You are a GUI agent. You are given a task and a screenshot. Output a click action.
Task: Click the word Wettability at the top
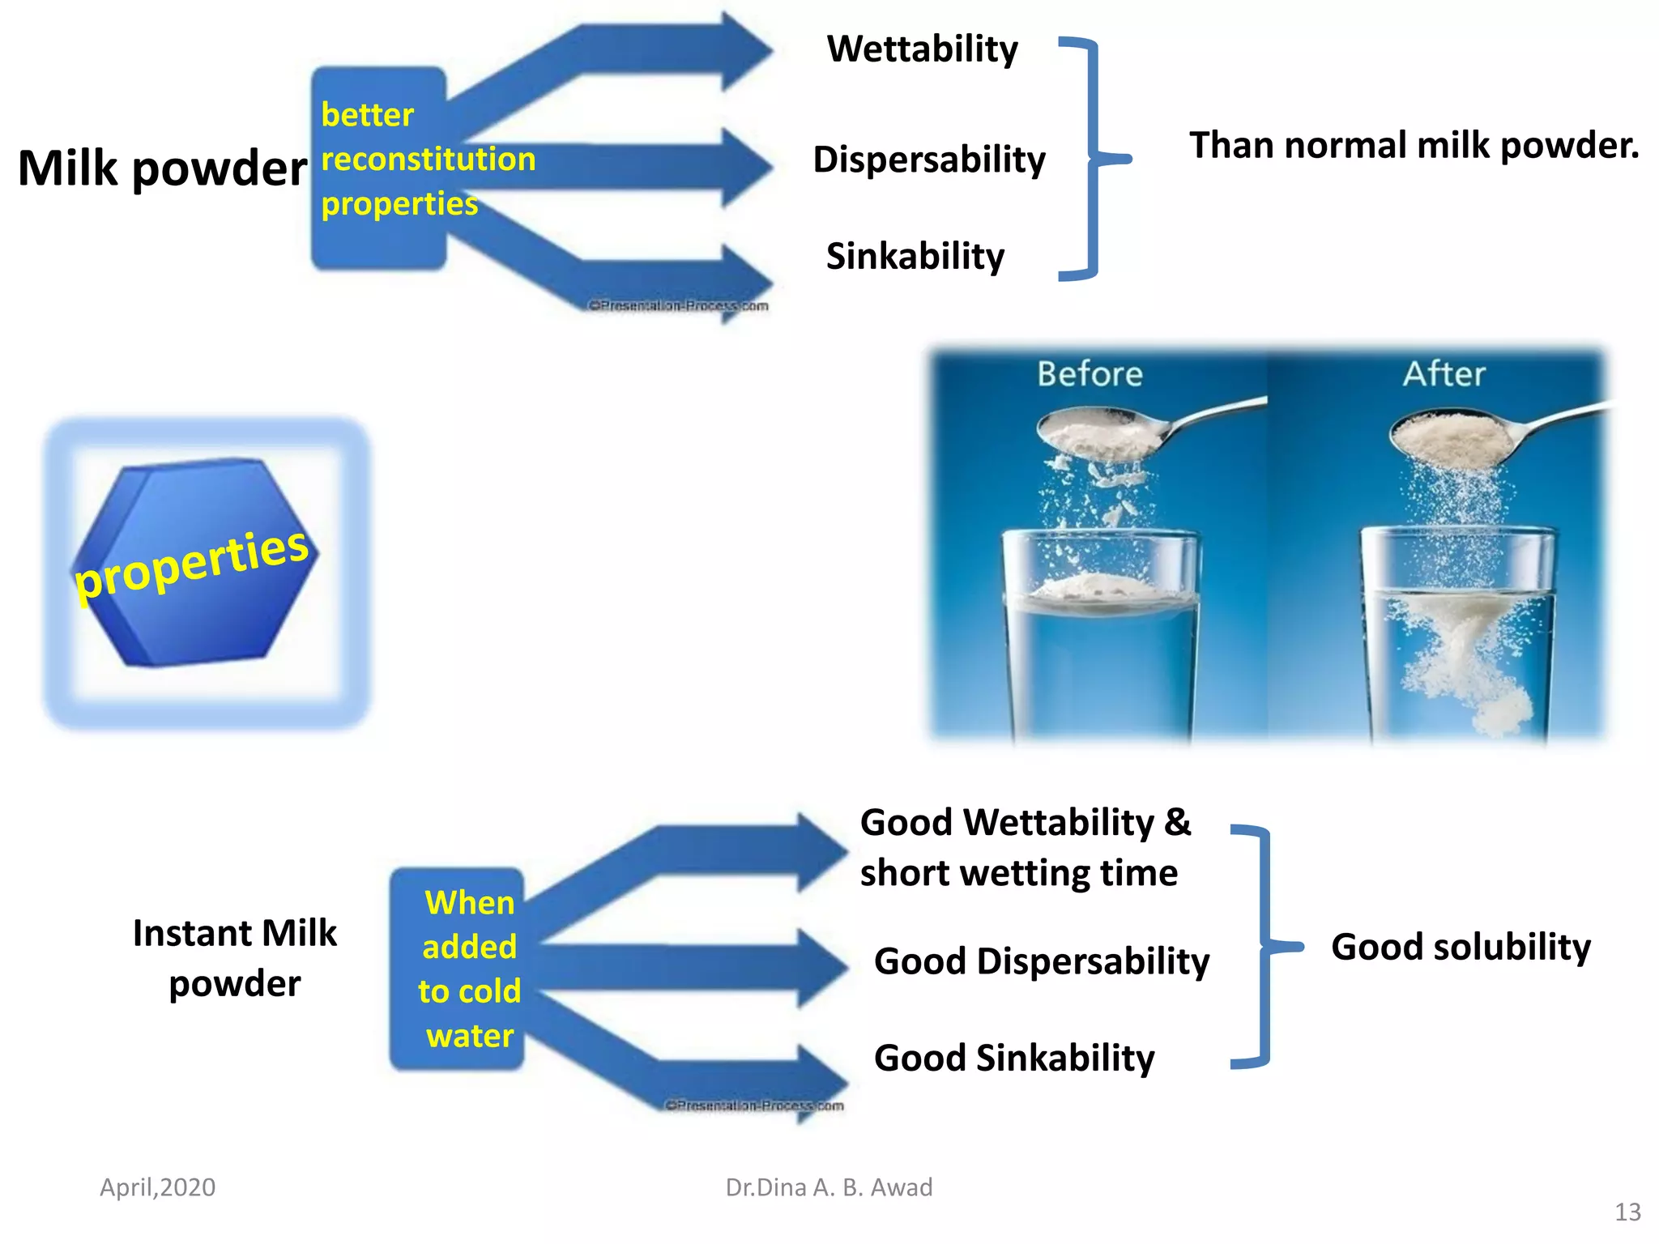922,49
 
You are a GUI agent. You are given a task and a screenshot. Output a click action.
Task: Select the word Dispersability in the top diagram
928,160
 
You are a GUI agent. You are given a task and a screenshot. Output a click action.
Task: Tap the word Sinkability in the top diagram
915,257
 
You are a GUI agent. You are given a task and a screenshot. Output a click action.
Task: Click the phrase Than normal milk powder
1414,146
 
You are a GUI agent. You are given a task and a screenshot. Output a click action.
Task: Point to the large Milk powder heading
162,168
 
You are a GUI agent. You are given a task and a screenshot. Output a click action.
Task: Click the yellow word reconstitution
428,159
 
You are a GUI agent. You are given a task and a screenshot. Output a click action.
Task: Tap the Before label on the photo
1090,374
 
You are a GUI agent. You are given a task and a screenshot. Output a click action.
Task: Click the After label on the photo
1444,374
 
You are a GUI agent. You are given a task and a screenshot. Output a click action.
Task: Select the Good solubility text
1461,947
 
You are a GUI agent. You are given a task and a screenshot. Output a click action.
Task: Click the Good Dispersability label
1041,961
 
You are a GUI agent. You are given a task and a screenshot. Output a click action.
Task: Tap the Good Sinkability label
1013,1058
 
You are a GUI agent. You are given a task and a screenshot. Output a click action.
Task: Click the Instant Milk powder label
234,958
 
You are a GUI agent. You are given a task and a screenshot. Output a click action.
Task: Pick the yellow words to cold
469,991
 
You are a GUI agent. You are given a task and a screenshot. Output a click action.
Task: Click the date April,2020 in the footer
157,1187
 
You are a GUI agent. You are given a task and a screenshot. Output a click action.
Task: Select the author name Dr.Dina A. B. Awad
829,1187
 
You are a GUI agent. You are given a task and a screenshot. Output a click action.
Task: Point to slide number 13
1627,1212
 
